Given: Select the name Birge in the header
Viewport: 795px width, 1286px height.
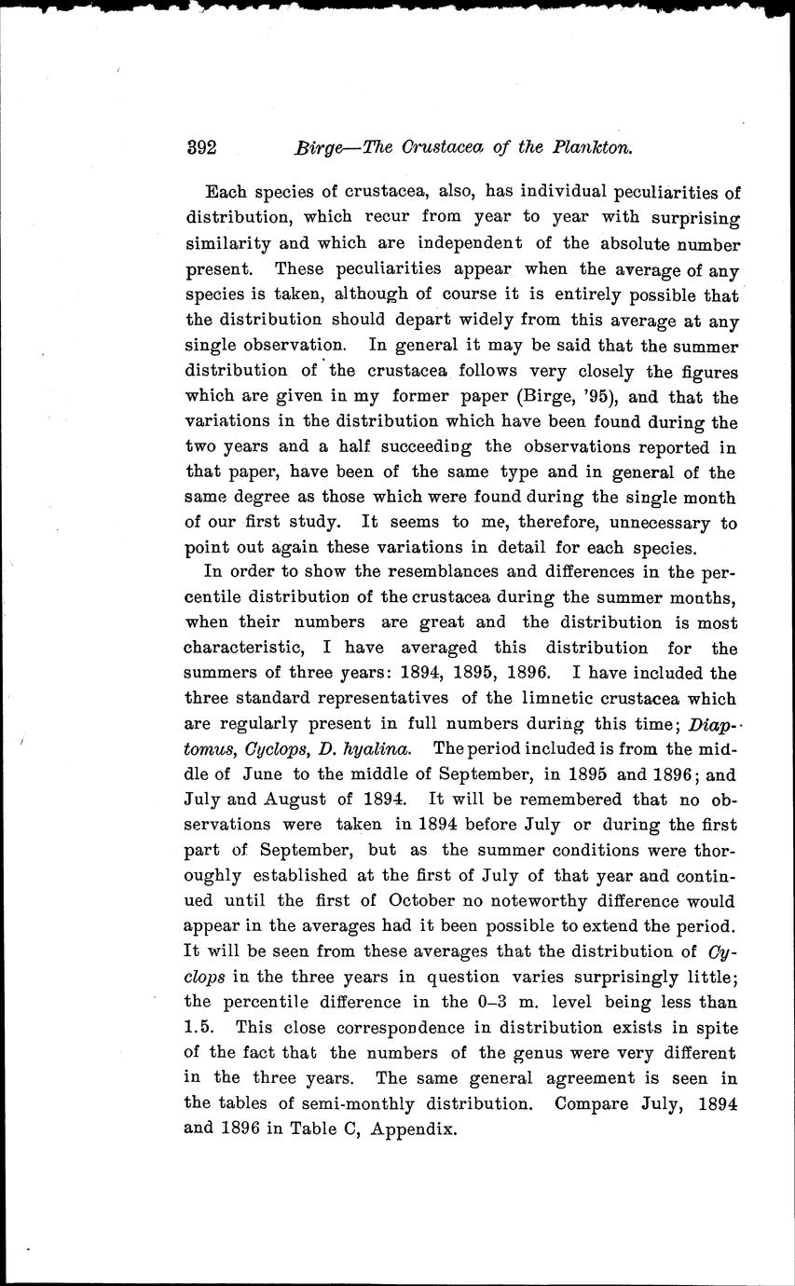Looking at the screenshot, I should click(318, 146).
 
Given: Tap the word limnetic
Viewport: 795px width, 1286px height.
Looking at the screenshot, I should click(517, 698).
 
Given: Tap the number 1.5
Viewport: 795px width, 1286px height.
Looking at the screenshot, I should click(200, 1027).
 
